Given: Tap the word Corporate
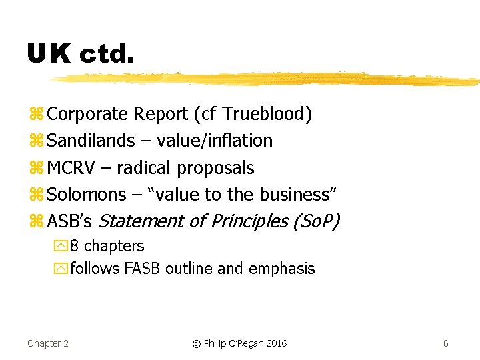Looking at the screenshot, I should point(88,114).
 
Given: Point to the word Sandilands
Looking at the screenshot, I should point(91,141).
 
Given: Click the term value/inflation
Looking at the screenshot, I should point(215,141).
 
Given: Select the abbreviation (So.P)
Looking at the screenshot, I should point(316,221).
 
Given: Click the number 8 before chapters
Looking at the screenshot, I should point(75,246).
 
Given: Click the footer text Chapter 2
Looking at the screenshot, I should point(48,343).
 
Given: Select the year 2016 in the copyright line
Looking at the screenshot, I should point(276,343).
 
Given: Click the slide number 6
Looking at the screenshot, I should point(445,343).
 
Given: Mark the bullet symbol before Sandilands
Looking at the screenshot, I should point(36,141).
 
